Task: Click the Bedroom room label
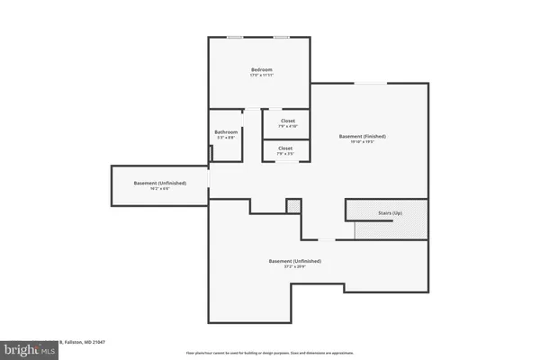pyautogui.click(x=261, y=69)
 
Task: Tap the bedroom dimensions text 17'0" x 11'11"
pyautogui.click(x=261, y=76)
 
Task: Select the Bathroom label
pyautogui.click(x=225, y=131)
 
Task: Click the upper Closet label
pyautogui.click(x=287, y=121)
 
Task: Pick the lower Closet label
pyautogui.click(x=285, y=148)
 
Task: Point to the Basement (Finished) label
pyautogui.click(x=363, y=136)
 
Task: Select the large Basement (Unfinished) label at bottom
pyautogui.click(x=294, y=261)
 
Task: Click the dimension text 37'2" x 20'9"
pyautogui.click(x=294, y=267)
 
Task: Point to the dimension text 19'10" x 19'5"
pyautogui.click(x=363, y=142)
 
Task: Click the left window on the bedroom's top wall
pyautogui.click(x=234, y=37)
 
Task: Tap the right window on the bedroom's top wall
pyautogui.click(x=282, y=37)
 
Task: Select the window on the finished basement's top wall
pyautogui.click(x=367, y=84)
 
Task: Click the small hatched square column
pyautogui.click(x=292, y=206)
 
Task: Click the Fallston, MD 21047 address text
pyautogui.click(x=85, y=342)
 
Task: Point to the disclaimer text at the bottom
pyautogui.click(x=270, y=353)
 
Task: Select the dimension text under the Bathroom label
pyautogui.click(x=225, y=138)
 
